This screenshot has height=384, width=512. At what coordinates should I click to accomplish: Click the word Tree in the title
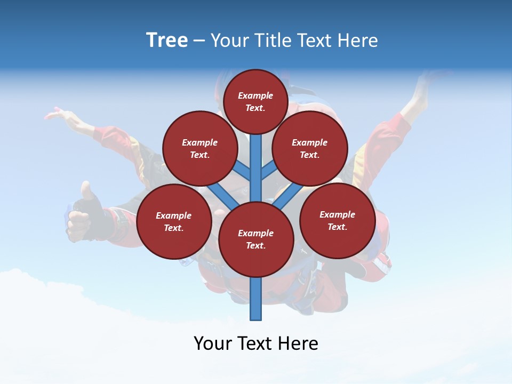167,40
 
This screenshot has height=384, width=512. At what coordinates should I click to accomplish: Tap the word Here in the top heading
357,41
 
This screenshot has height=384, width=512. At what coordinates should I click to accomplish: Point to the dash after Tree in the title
199,41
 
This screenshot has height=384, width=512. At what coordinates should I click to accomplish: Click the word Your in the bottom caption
212,343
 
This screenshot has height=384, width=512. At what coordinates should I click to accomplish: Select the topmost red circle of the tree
255,101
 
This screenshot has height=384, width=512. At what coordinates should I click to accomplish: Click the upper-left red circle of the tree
199,148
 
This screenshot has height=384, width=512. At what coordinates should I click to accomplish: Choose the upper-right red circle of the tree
309,148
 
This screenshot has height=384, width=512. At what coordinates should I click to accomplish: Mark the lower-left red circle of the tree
173,221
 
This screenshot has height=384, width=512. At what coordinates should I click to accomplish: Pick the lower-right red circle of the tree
337,220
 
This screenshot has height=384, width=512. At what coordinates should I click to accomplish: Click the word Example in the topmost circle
255,95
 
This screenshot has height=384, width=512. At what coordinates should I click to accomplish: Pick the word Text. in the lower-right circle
337,227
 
